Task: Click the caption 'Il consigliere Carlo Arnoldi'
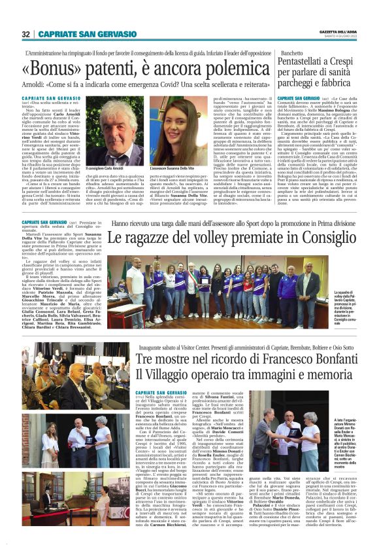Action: pyautogui.click(x=118, y=170)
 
